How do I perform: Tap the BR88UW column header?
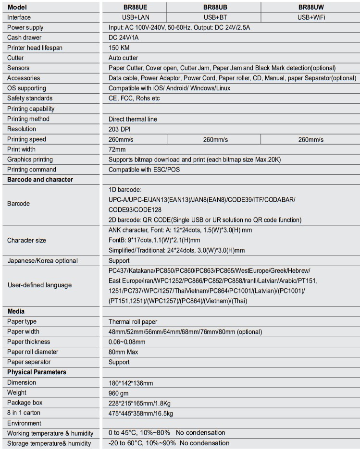[310, 7]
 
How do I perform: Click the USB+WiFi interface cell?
[310, 17]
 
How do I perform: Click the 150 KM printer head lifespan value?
[120, 48]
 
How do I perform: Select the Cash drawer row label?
[24, 37]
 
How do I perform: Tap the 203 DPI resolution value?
[120, 129]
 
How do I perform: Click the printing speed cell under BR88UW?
[310, 139]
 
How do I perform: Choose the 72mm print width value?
[117, 149]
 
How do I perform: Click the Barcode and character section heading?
[40, 180]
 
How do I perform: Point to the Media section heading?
[16, 311]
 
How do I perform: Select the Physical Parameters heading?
[37, 372]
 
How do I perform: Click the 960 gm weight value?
[120, 393]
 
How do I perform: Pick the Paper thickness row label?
[28, 342]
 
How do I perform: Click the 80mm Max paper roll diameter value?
[124, 352]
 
